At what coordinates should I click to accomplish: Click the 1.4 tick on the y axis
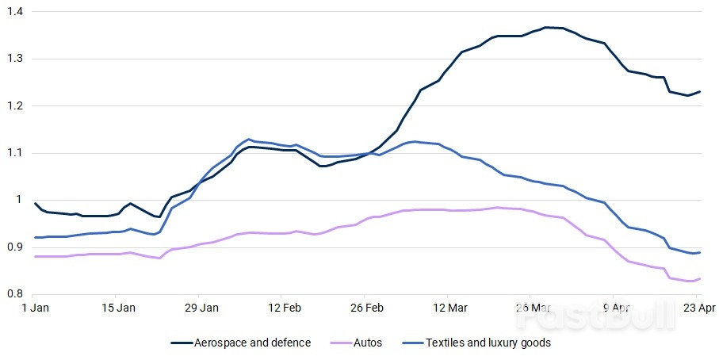[x=16, y=12]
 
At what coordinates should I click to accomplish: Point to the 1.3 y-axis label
[x=16, y=59]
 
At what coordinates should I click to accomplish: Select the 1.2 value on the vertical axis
[x=16, y=105]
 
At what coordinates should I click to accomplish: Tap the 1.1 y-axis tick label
[x=16, y=153]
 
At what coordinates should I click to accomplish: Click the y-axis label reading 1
[x=21, y=200]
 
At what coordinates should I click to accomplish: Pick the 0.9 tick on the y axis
[x=16, y=247]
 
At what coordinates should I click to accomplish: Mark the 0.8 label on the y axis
[x=16, y=294]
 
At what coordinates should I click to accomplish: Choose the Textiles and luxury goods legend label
[x=488, y=343]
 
